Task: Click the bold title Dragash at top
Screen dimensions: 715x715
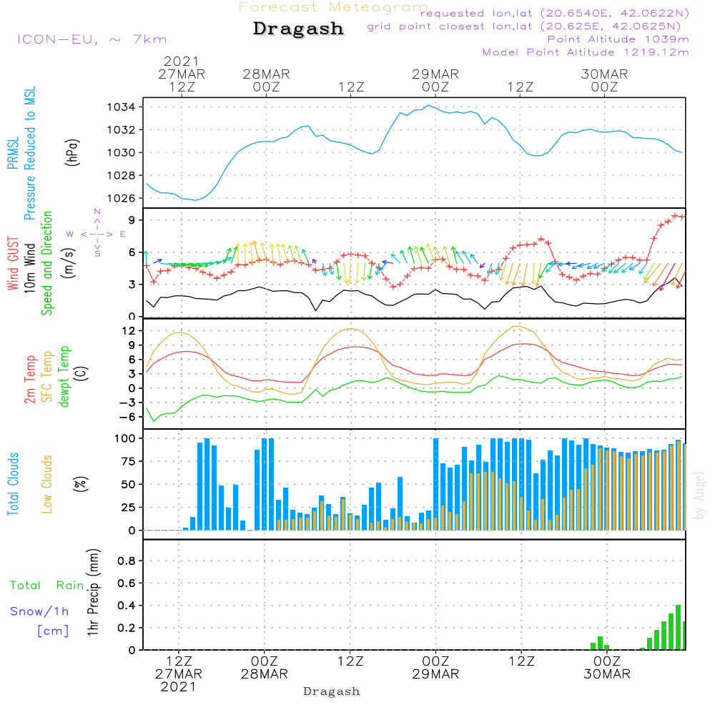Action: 298,29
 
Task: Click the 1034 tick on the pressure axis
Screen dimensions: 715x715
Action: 122,107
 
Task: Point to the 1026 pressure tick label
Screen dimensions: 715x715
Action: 122,198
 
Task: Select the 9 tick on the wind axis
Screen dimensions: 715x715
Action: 132,220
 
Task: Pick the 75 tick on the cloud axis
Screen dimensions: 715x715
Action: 128,461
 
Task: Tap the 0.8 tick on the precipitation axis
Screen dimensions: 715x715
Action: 127,561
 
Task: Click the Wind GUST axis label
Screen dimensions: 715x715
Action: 13,263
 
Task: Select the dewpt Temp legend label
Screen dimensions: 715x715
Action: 64,376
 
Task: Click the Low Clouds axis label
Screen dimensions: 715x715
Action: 46,484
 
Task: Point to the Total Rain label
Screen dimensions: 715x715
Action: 47,586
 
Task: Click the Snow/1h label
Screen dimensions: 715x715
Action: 39,611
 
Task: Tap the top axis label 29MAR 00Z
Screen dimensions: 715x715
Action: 435,80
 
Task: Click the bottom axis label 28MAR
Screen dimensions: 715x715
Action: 265,674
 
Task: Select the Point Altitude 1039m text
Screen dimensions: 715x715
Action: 618,39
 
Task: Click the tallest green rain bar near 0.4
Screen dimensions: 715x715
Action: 678,628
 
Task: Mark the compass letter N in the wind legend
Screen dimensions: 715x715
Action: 97,212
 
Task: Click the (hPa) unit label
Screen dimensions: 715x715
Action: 72,152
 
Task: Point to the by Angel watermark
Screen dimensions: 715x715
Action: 699,495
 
